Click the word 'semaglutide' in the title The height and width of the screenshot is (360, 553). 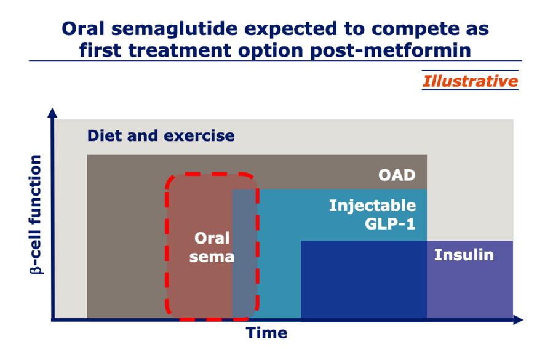point(175,30)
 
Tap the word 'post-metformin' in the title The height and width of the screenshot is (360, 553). point(391,50)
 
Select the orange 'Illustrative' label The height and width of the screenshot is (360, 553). point(470,81)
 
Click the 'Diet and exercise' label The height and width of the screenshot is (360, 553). point(161,135)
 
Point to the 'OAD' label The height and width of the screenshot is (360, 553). point(397,175)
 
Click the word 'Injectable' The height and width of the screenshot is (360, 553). point(372,206)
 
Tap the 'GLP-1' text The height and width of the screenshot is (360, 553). point(390,224)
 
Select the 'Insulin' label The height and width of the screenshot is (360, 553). point(464,255)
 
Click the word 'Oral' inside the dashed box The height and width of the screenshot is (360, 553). point(212,238)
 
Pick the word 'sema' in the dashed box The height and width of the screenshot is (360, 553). point(212,257)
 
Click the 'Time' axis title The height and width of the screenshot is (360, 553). point(266,333)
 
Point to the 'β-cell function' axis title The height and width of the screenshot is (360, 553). point(36,215)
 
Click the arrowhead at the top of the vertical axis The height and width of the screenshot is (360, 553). point(52,113)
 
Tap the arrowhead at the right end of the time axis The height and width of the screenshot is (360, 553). point(518,320)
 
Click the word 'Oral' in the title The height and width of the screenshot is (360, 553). point(83,28)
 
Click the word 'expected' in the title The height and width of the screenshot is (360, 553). point(291,30)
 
